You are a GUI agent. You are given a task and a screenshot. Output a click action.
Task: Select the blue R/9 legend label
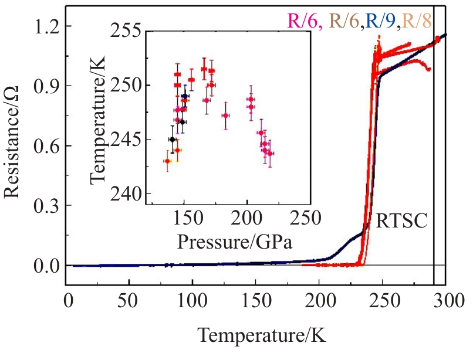tap(379, 21)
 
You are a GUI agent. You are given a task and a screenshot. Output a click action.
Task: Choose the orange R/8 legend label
tap(415, 21)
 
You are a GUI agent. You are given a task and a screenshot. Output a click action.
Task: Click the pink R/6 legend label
tap(305, 21)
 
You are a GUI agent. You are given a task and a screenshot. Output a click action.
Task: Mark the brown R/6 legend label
tap(342, 21)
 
